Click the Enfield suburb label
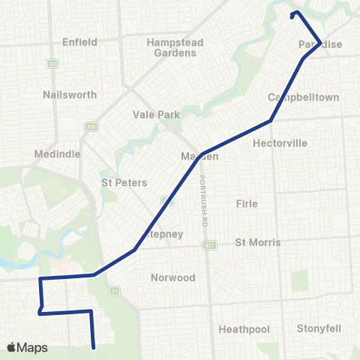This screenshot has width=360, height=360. point(80,42)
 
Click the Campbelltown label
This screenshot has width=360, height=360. point(304,97)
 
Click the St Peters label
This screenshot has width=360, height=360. point(124,182)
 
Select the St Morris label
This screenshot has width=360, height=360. point(258,242)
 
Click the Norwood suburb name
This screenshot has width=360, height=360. point(172,277)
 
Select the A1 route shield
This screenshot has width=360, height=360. point(52,63)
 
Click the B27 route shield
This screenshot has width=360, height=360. point(209,244)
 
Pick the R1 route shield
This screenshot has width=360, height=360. point(115,290)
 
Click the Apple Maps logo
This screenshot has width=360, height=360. point(27,347)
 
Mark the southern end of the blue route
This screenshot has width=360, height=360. point(94,347)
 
